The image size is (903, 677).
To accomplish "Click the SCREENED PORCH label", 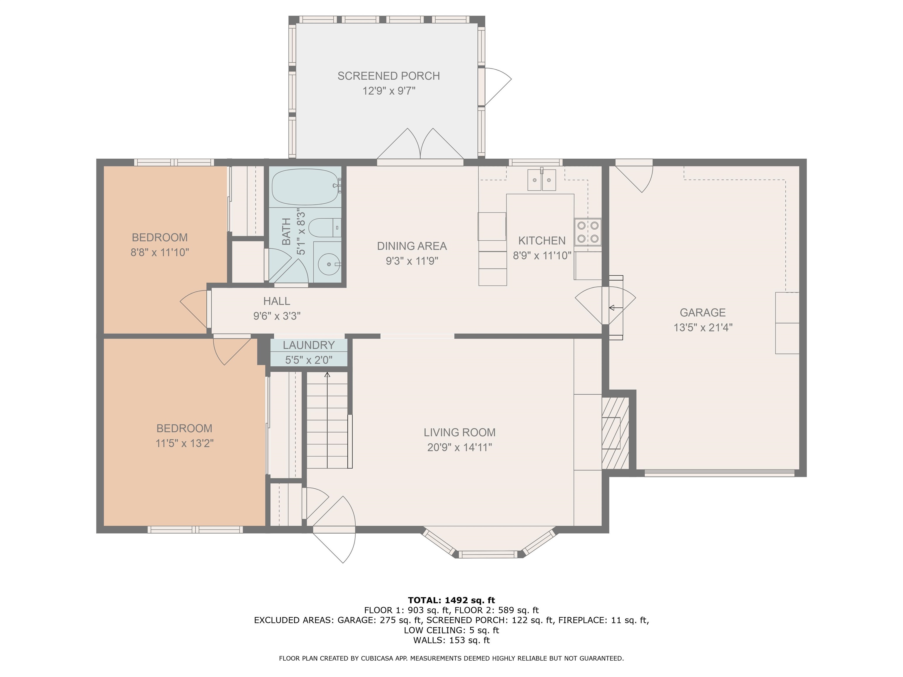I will [x=388, y=76].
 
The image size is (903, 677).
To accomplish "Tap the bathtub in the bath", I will [x=305, y=187].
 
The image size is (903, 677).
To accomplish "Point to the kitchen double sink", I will [x=542, y=180].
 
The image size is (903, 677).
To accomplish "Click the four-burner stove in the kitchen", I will [x=588, y=232].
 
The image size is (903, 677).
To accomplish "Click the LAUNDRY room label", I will [x=309, y=345].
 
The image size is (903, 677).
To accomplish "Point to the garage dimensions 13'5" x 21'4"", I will [x=703, y=328].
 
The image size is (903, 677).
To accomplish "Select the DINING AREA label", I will [x=412, y=246].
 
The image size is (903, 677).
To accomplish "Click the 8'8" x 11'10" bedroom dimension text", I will [x=160, y=253].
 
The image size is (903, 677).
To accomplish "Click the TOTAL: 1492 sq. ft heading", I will [x=451, y=600].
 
